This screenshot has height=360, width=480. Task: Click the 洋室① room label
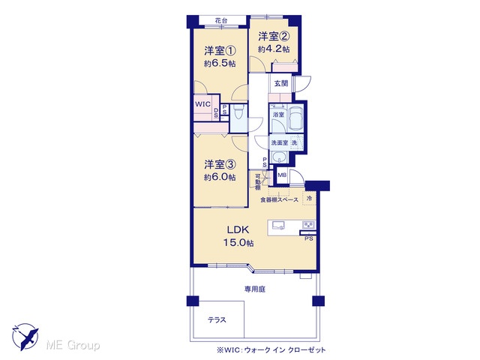click(x=220, y=50)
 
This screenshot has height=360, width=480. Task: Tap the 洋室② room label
click(x=274, y=37)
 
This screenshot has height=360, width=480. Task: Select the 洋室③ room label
click(x=220, y=164)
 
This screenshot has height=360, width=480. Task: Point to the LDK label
click(x=238, y=229)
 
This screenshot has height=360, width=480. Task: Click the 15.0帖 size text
click(x=238, y=243)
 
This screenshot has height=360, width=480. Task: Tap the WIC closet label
click(x=202, y=104)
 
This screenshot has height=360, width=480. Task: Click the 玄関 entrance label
click(x=281, y=83)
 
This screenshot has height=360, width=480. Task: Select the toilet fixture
click(x=238, y=112)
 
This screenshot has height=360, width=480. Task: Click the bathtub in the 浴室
click(x=296, y=118)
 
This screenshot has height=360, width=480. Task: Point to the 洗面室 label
click(x=279, y=142)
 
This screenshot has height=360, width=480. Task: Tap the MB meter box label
click(x=282, y=175)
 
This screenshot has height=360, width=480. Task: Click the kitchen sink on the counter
click(x=278, y=225)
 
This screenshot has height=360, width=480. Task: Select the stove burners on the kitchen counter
click(x=308, y=225)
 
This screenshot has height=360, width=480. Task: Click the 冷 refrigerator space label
click(x=309, y=198)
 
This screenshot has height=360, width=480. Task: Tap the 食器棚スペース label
click(x=279, y=200)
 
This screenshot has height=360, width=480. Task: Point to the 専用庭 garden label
click(x=255, y=289)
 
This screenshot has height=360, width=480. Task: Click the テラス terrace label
click(x=217, y=320)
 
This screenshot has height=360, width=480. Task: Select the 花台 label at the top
click(x=221, y=21)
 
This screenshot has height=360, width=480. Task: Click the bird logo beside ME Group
click(x=25, y=337)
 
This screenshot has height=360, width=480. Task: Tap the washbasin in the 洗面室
click(x=279, y=157)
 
